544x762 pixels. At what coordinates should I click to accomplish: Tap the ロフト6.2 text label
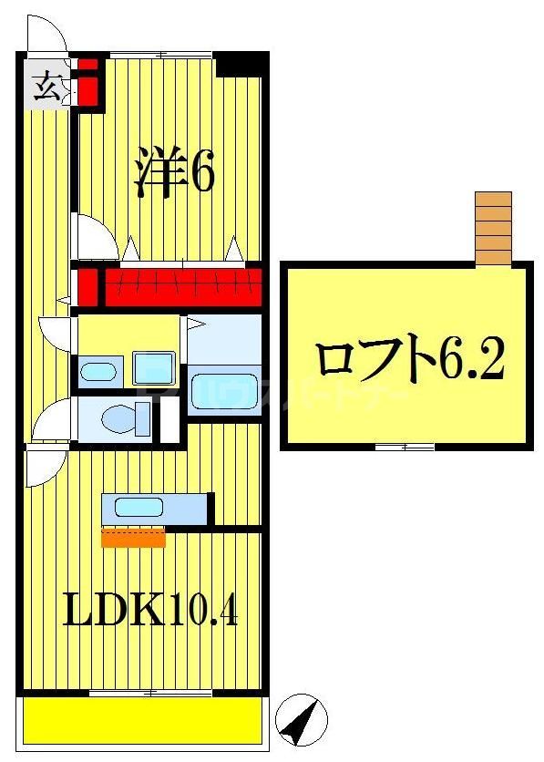[x=409, y=361]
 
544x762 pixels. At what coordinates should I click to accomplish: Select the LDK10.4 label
[x=150, y=610]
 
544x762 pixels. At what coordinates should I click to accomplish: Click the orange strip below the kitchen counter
[x=133, y=538]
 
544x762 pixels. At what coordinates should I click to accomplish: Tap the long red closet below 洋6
[x=177, y=286]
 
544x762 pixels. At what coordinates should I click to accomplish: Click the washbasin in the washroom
[x=98, y=371]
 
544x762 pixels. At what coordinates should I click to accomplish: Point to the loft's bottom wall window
[x=405, y=446]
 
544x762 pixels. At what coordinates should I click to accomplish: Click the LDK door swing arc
[x=45, y=468]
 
